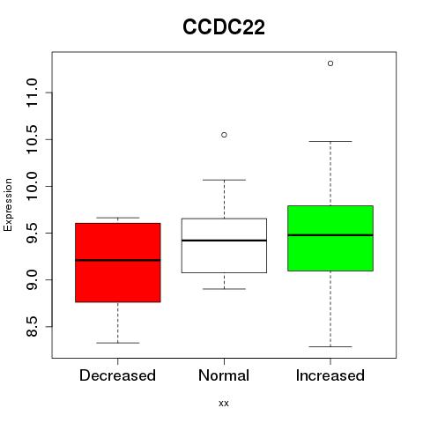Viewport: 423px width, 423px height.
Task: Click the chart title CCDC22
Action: [x=224, y=27]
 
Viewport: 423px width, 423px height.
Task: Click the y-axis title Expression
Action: [x=8, y=204]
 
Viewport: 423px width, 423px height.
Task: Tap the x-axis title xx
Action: [x=224, y=404]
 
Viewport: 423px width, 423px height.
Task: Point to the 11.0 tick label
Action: [x=32, y=93]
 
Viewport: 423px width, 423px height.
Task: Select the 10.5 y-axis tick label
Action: [x=32, y=139]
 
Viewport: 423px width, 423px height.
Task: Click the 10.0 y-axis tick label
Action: [x=32, y=186]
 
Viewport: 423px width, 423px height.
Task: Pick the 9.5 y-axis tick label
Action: [x=32, y=233]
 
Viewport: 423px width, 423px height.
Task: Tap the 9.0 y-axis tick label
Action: [x=32, y=279]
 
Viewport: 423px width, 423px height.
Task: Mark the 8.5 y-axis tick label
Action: [x=32, y=326]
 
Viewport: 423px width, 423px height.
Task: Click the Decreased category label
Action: [x=117, y=375]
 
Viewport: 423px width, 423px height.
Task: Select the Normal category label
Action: [x=224, y=375]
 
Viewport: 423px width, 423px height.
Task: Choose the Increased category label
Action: [x=330, y=375]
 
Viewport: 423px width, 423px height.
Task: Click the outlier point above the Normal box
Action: [x=224, y=135]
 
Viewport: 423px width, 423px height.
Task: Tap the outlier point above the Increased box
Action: [x=330, y=63]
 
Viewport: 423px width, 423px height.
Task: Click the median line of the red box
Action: [x=118, y=260]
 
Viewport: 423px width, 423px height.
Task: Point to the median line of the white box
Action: [x=224, y=241]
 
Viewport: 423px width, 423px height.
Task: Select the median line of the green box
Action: [x=330, y=235]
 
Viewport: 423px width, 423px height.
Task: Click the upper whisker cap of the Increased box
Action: [x=330, y=141]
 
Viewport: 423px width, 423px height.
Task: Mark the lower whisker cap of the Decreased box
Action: [x=118, y=343]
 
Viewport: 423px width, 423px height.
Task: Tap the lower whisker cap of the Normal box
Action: [x=224, y=289]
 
